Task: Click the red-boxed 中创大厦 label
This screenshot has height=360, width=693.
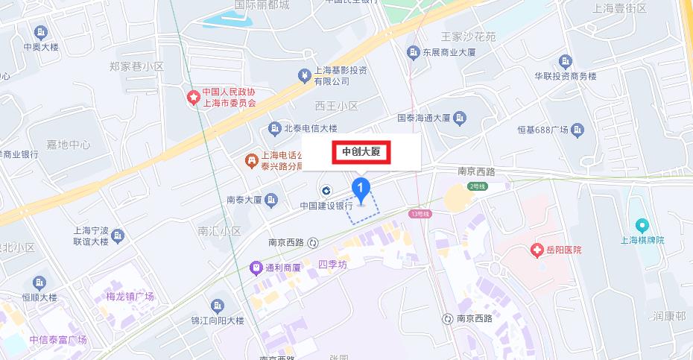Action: point(361,152)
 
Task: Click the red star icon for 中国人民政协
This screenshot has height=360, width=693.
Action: point(193,97)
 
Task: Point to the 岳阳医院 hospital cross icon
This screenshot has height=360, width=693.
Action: point(534,249)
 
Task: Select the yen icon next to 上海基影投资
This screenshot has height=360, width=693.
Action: point(304,75)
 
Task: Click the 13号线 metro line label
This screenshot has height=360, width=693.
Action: point(420,214)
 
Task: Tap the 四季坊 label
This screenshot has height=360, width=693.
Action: point(332,265)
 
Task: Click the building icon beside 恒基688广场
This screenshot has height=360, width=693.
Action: point(577,130)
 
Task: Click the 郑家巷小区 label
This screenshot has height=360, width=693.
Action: point(136,66)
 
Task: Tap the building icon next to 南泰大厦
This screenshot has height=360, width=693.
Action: point(272,200)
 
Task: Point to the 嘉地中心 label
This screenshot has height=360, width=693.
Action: point(68,144)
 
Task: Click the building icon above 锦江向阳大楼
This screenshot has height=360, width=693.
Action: point(218,306)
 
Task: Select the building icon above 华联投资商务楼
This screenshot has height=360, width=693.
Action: point(566,61)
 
